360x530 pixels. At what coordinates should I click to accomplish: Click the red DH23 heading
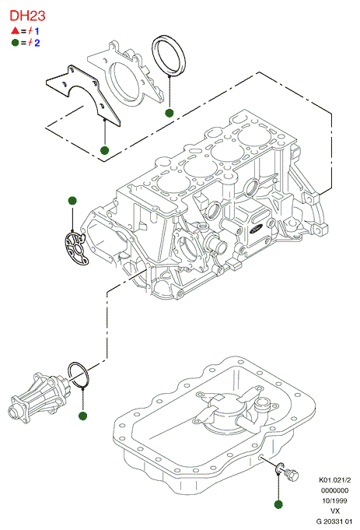point(27,16)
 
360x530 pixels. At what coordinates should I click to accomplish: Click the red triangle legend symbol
point(15,31)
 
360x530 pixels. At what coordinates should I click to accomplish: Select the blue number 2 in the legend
point(37,43)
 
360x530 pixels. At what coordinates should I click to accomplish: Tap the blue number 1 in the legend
point(37,31)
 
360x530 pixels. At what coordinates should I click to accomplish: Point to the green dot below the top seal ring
point(170,113)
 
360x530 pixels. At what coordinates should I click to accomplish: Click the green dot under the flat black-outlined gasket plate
point(105,150)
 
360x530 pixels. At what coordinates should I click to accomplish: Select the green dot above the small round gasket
point(72,201)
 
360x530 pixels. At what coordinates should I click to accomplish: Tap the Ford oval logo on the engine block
point(257,229)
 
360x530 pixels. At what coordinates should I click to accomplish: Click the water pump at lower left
point(39,398)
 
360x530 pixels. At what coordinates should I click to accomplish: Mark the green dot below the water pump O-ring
point(82,416)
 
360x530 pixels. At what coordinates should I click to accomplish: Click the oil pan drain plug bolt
point(292,475)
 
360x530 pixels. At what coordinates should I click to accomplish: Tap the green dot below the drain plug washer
point(278,504)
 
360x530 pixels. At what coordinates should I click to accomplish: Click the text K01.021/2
point(334,480)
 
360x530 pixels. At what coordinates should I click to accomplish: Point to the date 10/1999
point(334,500)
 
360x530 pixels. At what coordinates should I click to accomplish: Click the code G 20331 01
point(334,521)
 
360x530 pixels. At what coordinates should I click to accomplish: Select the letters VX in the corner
point(335,511)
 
